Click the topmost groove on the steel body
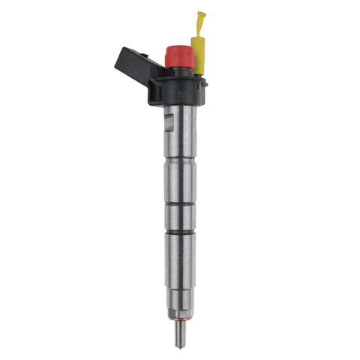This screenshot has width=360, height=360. pos(180,160)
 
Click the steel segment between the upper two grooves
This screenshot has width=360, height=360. pos(180,181)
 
